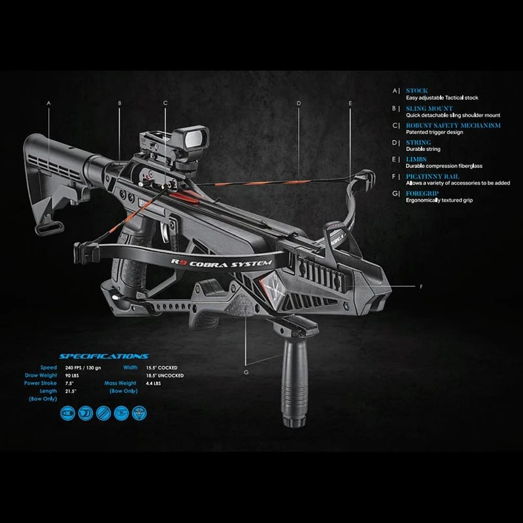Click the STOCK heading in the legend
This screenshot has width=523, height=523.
[x=416, y=91]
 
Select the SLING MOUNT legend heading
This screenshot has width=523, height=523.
[x=429, y=109]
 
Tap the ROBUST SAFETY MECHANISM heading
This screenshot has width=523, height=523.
[x=453, y=125]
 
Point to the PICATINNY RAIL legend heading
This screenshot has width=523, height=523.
[x=432, y=177]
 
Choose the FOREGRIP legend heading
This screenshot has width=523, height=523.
[x=422, y=194]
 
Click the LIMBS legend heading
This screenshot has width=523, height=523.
[x=416, y=159]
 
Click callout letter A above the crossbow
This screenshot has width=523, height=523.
[x=48, y=103]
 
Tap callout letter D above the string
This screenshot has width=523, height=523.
[x=298, y=103]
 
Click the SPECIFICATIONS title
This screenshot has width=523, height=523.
[x=104, y=356]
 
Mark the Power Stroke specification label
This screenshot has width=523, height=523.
[x=41, y=383]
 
